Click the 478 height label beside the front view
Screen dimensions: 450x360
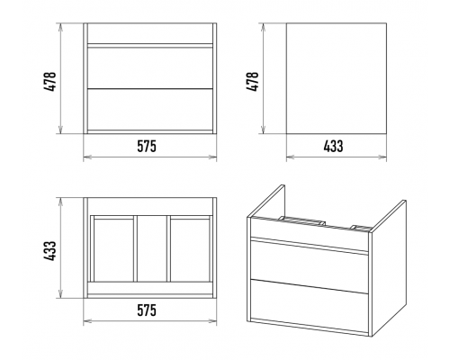pos(49,81)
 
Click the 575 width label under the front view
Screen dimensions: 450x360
pos(147,147)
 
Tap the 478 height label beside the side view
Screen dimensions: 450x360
pos(252,81)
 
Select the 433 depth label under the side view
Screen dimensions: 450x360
pos(333,147)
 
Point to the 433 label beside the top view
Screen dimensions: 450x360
pos(49,250)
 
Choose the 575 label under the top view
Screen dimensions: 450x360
pos(147,310)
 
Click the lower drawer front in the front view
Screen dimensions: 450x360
pos(150,110)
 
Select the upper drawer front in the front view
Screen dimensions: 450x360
pos(150,67)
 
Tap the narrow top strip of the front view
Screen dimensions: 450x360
pos(150,33)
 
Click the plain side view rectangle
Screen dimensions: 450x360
pos(337,78)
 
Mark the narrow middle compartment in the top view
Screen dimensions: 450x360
pos(152,248)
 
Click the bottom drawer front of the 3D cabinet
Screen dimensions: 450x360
pos(309,303)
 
